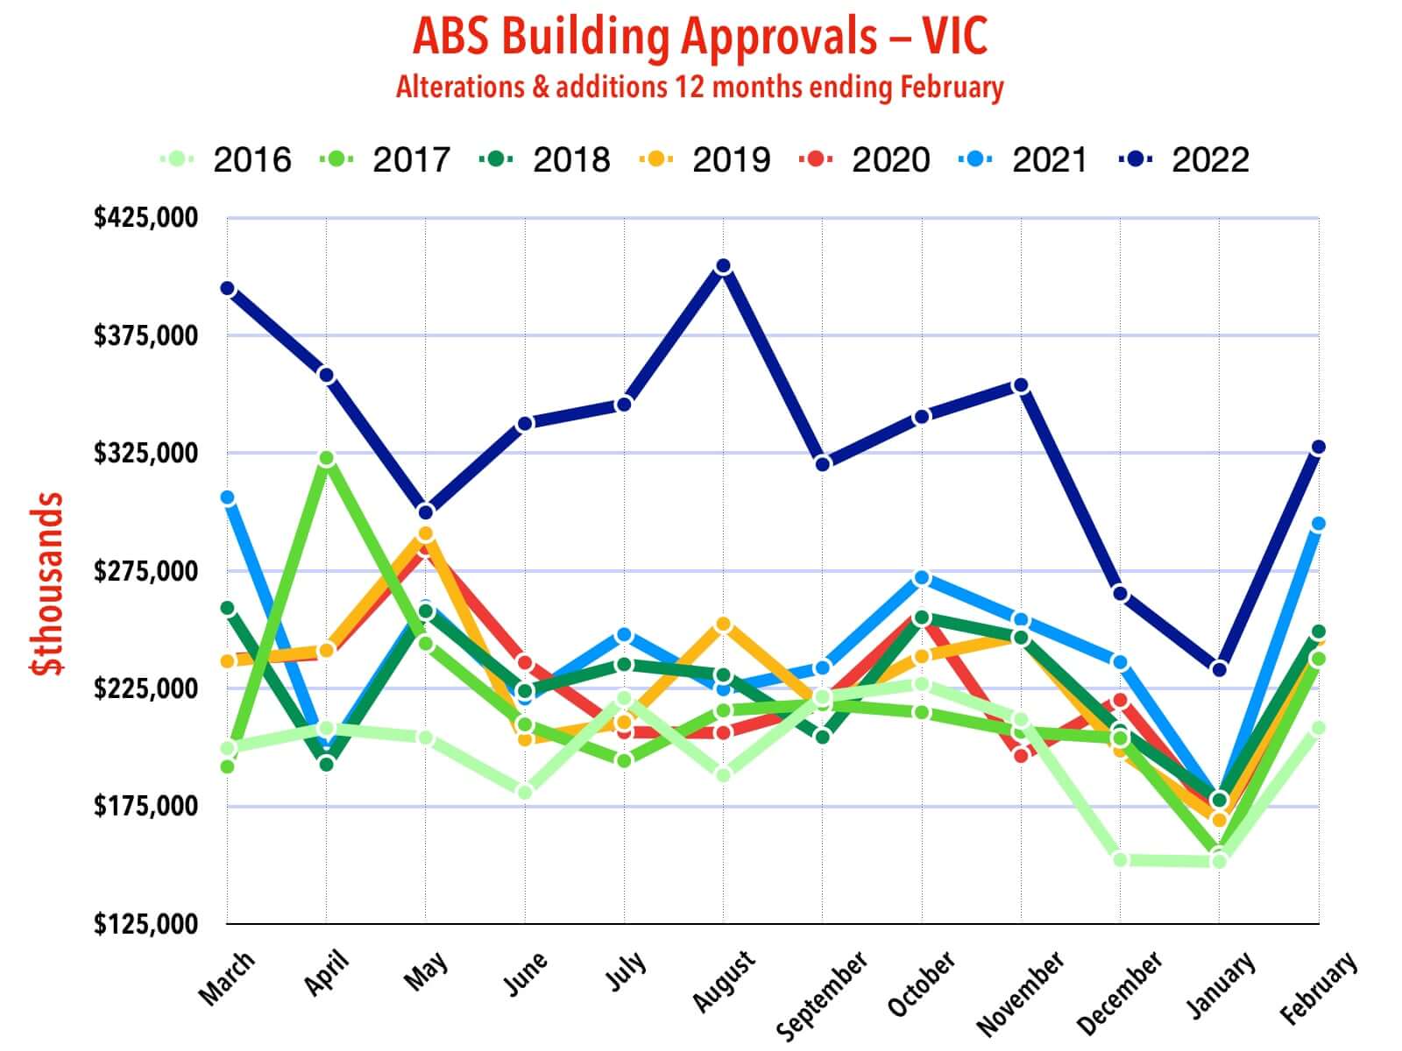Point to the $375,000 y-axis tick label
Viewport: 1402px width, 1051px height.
(145, 335)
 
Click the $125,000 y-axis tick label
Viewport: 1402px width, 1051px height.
(145, 924)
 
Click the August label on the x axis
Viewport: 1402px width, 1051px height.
(724, 981)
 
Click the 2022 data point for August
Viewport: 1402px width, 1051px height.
(723, 266)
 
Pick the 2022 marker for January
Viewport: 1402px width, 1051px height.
(1219, 669)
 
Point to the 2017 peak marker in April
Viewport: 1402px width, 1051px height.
(326, 459)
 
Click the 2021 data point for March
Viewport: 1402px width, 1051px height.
(227, 497)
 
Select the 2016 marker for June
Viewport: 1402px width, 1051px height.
(525, 792)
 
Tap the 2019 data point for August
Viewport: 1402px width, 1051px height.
(723, 624)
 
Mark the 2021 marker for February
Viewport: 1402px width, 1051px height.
(1318, 524)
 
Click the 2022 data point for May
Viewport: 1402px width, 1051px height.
(426, 511)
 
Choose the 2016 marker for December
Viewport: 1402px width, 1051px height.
(1120, 859)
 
